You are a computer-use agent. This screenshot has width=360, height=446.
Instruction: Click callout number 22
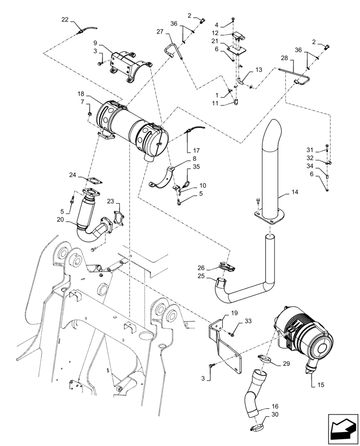(x=65, y=19)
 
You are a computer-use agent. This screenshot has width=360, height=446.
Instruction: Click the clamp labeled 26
(x=228, y=268)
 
